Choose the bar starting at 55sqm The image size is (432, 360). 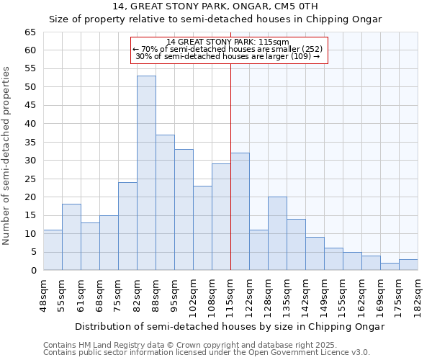71,237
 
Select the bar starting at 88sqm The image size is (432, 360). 165,202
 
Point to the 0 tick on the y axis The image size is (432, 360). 32,271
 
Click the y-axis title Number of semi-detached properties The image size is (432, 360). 7,155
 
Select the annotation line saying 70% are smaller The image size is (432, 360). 228,49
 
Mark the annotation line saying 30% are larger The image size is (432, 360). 228,56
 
